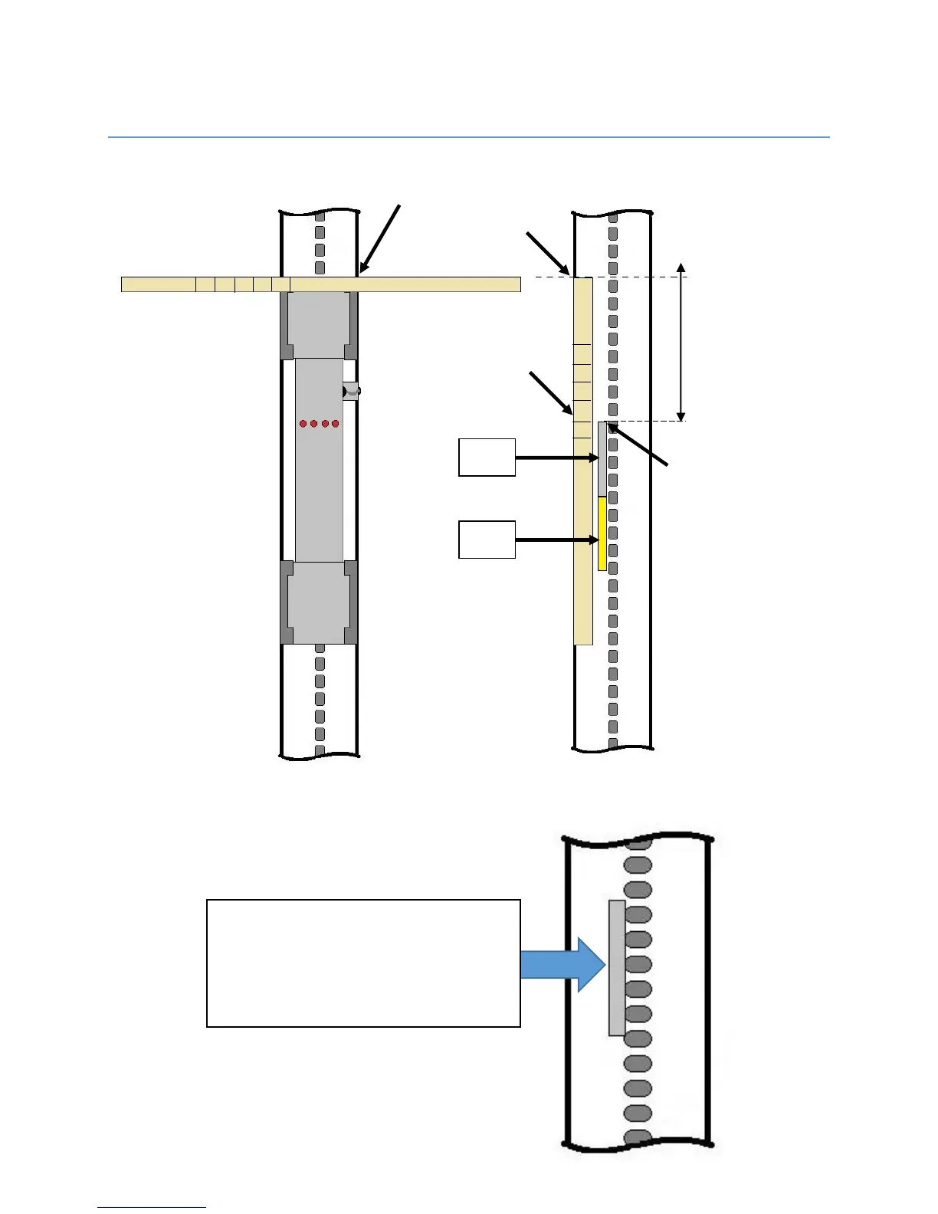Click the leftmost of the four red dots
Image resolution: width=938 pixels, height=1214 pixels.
click(303, 423)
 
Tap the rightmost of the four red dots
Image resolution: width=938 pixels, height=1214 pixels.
click(336, 423)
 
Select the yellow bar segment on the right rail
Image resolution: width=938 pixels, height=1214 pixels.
click(602, 533)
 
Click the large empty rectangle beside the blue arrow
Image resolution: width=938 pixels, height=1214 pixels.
click(363, 963)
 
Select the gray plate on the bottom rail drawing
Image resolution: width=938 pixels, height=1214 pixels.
click(616, 968)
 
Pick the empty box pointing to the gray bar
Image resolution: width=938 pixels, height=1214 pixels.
click(487, 458)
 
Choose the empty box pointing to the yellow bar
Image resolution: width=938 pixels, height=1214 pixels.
click(487, 540)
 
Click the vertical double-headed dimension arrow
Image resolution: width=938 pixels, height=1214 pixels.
click(681, 342)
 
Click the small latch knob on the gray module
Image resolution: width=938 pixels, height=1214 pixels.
click(351, 391)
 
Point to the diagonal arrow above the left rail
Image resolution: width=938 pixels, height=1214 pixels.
click(380, 238)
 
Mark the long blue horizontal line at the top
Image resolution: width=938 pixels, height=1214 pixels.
click(469, 138)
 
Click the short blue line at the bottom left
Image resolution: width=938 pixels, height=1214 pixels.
click(152, 1207)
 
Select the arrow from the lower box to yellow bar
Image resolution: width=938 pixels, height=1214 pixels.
click(556, 540)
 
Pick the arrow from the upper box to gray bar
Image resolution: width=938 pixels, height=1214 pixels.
click(556, 458)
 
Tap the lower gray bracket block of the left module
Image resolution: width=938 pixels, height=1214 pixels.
click(320, 602)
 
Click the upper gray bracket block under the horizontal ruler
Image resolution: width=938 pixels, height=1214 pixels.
click(320, 325)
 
